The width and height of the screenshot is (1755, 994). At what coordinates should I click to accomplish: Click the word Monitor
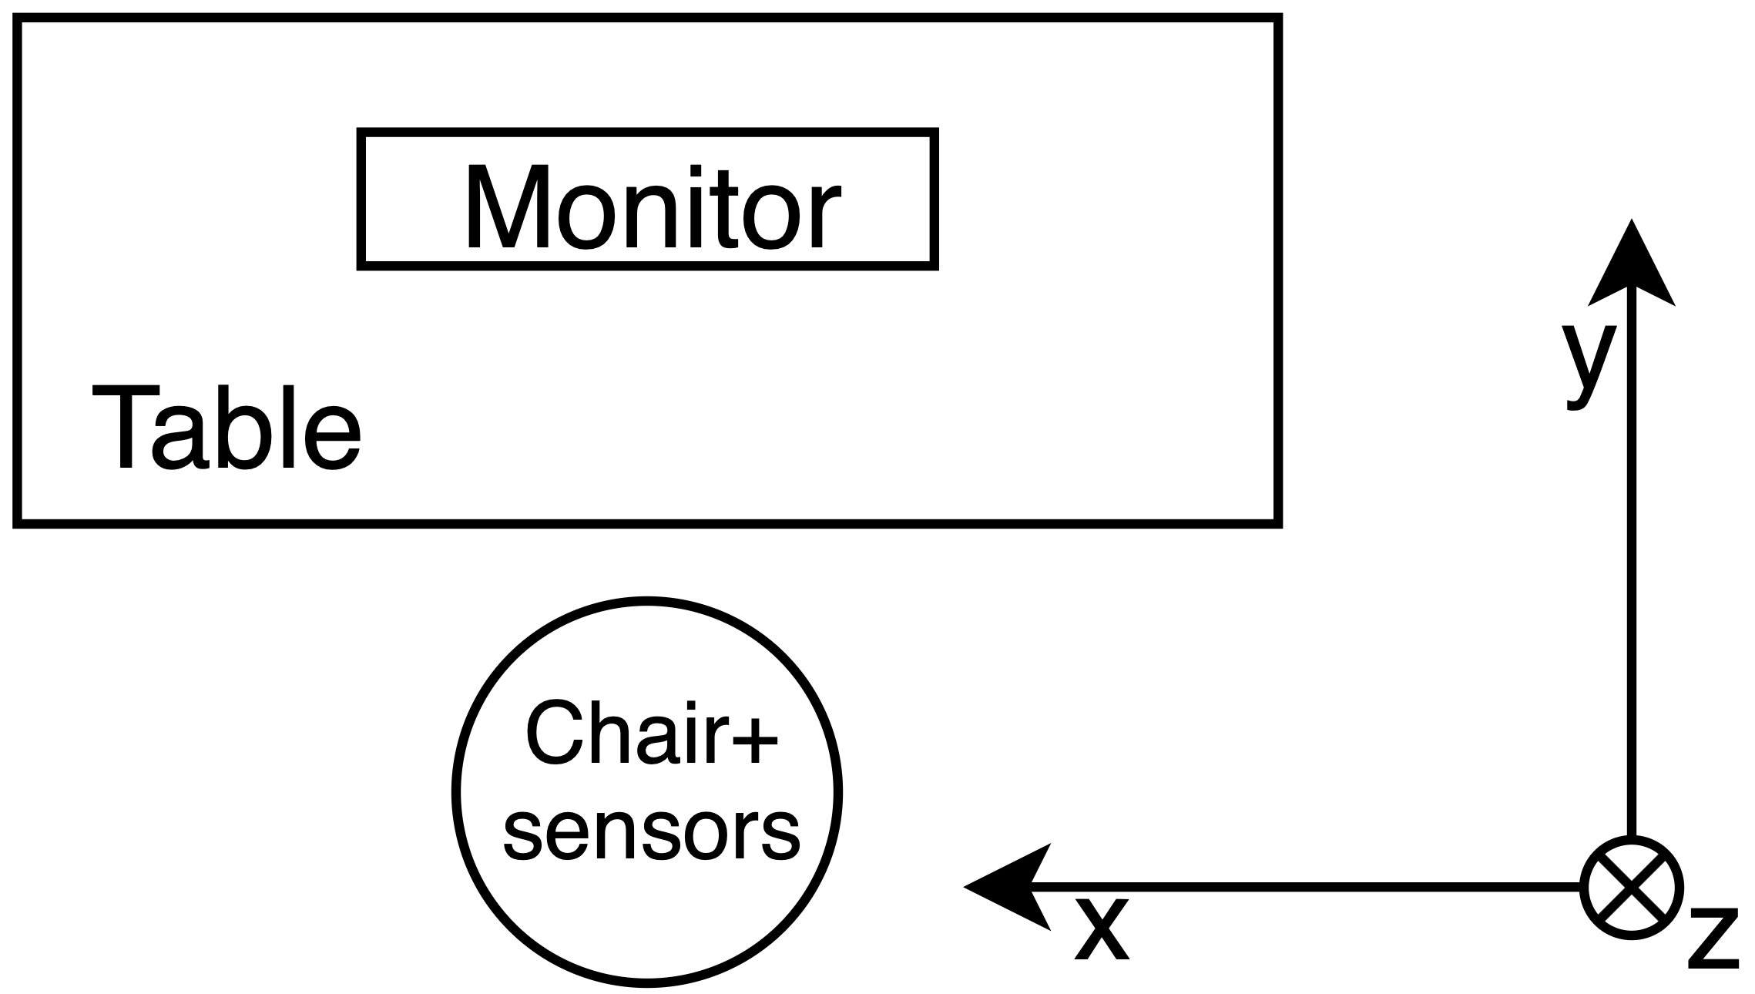click(x=651, y=208)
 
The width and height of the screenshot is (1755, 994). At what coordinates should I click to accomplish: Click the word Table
click(x=226, y=428)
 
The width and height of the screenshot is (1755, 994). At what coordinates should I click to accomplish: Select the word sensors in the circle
click(x=651, y=834)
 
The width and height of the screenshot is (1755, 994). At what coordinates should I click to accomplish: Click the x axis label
click(x=1102, y=929)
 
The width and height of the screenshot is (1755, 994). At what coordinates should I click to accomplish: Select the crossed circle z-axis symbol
click(x=1632, y=887)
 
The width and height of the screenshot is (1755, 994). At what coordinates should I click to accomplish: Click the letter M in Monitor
click(x=508, y=208)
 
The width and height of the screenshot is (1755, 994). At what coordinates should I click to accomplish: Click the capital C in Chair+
click(x=552, y=734)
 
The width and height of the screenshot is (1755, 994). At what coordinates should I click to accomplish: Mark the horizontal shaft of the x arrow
click(x=1310, y=888)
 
